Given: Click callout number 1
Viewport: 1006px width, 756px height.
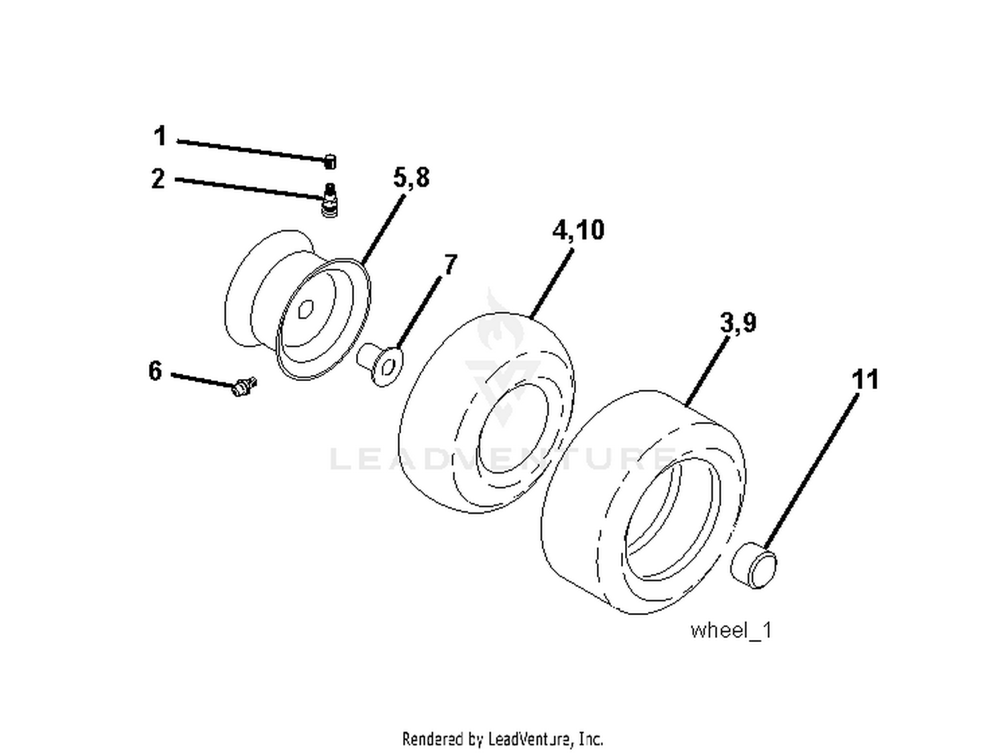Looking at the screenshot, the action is [x=160, y=136].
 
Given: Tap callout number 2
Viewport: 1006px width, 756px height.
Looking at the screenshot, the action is [x=158, y=179].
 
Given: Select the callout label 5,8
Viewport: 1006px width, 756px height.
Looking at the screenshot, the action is [x=411, y=178].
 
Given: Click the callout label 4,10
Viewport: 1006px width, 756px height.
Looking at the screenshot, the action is [x=578, y=230].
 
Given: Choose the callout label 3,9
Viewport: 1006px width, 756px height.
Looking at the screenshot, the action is [x=738, y=323].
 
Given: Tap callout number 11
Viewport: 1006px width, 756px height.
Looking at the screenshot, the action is [x=865, y=380].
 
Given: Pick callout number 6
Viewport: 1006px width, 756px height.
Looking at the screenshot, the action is [x=156, y=370].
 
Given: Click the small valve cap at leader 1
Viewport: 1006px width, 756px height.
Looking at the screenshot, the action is [x=330, y=162].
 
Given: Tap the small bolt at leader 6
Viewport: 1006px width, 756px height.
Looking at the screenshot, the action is [x=243, y=386].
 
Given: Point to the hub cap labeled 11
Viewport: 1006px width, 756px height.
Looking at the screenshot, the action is [x=753, y=565].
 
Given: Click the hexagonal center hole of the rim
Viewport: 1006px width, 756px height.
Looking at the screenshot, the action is [x=305, y=309].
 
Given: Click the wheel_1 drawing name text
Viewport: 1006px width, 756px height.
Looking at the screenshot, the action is [x=730, y=631].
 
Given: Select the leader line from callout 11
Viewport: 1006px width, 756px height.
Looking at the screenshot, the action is [x=812, y=470].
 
